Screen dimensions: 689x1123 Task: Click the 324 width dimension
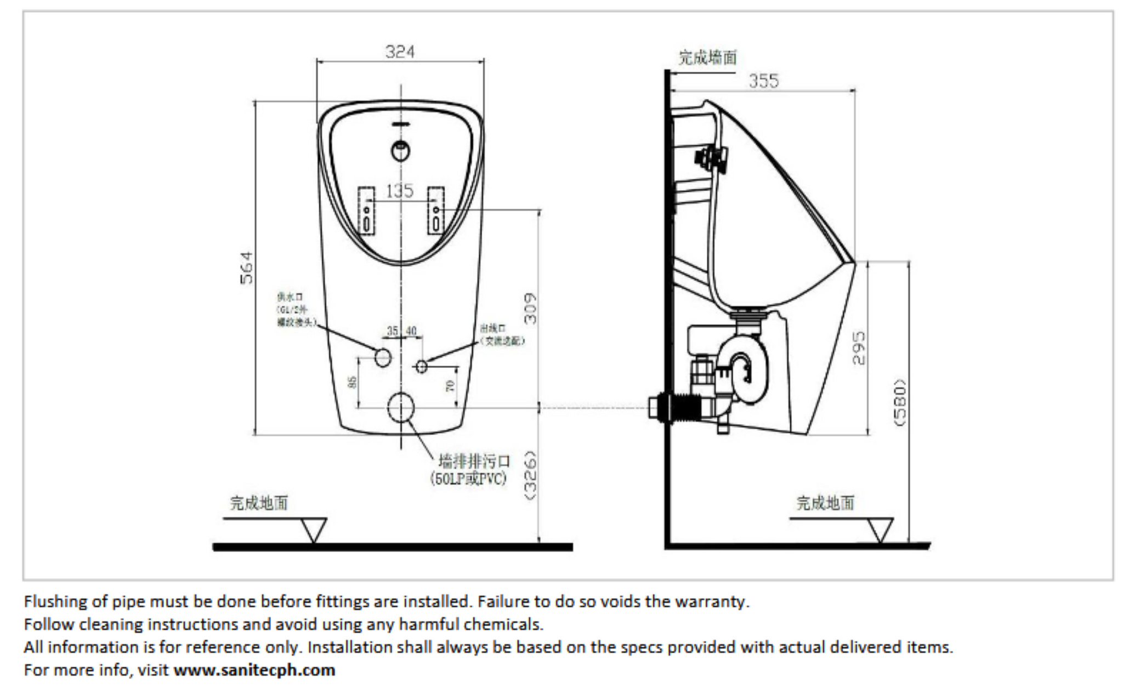(400, 52)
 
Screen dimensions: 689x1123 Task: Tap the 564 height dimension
(247, 267)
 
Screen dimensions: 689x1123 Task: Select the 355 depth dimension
(763, 81)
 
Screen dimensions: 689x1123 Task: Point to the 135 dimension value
(400, 191)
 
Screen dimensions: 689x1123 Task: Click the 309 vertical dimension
(530, 309)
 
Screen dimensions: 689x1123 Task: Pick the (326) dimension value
(530, 475)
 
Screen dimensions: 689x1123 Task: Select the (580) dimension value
(900, 403)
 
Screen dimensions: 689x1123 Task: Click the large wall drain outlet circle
(401, 407)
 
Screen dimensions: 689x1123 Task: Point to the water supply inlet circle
(383, 357)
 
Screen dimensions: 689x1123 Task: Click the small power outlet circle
(421, 366)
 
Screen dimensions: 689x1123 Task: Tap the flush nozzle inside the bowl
(401, 150)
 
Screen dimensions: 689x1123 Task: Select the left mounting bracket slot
(366, 210)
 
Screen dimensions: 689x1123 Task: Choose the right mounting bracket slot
(436, 210)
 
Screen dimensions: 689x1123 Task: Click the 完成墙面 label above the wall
(707, 58)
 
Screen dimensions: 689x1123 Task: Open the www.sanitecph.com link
(254, 670)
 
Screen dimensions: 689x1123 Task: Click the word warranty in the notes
(711, 601)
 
